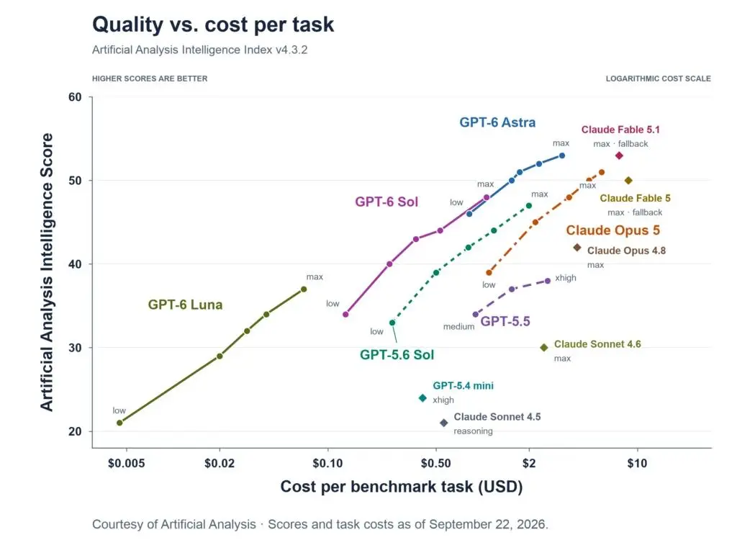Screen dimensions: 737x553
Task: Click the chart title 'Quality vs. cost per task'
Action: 213,24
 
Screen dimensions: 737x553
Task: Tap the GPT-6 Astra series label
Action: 497,122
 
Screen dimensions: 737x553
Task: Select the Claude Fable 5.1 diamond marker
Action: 619,156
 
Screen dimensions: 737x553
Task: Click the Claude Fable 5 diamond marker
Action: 628,181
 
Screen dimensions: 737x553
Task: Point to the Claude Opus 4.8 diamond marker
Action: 577,248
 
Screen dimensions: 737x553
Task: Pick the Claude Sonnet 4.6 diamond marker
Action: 544,348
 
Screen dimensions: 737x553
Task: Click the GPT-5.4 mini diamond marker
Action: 422,397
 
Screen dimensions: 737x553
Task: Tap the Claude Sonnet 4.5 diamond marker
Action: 443,423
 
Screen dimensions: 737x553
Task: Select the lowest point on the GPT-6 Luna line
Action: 119,423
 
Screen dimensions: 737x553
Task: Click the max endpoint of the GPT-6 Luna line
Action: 304,289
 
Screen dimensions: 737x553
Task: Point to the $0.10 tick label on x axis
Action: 327,464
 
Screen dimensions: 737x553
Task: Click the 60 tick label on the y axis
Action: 75,97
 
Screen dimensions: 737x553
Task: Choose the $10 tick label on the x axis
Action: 637,464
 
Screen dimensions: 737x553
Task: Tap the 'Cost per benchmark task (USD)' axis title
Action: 402,487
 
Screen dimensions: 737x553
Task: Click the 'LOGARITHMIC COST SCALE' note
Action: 658,78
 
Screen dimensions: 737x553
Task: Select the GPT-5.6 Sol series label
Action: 397,354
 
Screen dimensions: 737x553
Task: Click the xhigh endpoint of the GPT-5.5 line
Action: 548,282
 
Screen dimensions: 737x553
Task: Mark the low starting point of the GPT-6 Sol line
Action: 345,314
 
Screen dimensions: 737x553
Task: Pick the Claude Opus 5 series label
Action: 613,230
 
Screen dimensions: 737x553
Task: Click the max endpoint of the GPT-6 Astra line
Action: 561,156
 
